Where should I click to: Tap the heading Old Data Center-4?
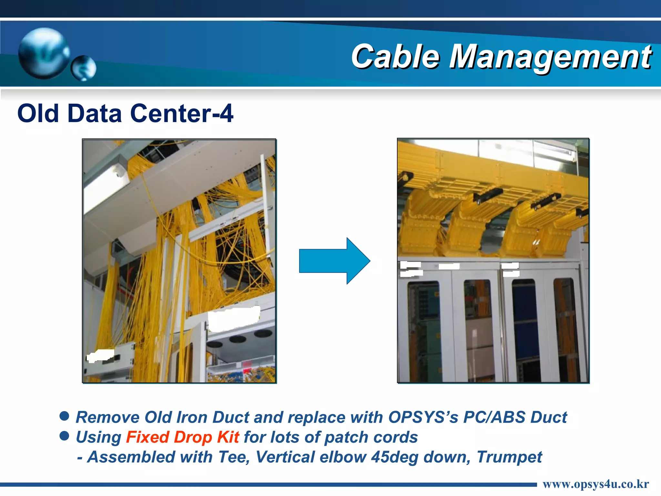(x=125, y=113)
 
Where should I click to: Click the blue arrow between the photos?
(x=334, y=261)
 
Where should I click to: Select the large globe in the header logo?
(x=44, y=53)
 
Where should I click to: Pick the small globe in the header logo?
(x=84, y=68)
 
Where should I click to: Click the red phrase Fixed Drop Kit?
(x=182, y=437)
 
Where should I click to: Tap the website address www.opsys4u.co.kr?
(x=595, y=484)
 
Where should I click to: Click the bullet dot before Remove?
(x=65, y=416)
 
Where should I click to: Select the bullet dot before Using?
(x=65, y=436)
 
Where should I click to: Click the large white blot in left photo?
(x=234, y=318)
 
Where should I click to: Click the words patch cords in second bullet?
(x=371, y=437)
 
